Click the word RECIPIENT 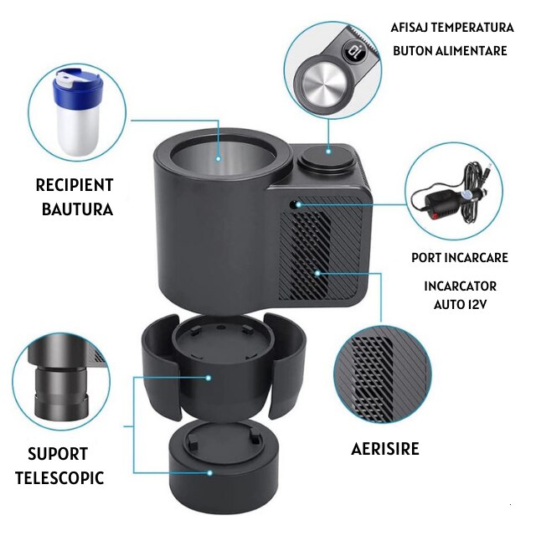[75, 185]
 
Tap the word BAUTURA [77, 209]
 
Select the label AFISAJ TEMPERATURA [452, 28]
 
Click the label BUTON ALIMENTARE [450, 51]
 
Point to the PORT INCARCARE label [460, 258]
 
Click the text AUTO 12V [460, 304]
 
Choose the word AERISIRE [385, 449]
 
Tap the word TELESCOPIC [59, 477]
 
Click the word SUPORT [58, 454]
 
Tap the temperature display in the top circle [354, 51]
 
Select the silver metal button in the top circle [321, 85]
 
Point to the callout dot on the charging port [298, 204]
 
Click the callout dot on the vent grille [317, 273]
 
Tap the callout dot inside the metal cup [219, 158]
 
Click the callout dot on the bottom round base [209, 473]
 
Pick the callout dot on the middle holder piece [209, 378]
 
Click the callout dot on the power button [328, 151]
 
